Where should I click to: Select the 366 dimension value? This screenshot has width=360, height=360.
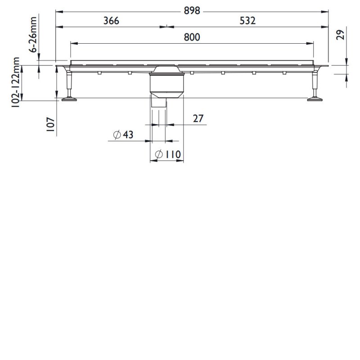[x=111, y=21]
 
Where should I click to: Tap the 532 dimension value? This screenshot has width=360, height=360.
[x=247, y=21]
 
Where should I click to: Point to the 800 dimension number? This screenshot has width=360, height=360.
[x=192, y=37]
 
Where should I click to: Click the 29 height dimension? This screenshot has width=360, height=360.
[x=341, y=35]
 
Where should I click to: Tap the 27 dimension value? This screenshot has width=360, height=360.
[x=198, y=119]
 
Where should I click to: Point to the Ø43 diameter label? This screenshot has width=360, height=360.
[x=123, y=135]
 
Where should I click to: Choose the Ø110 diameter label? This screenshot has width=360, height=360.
[x=167, y=155]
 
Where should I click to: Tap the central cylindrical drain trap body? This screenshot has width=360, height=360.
[x=166, y=84]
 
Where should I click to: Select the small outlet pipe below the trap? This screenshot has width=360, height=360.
[x=159, y=103]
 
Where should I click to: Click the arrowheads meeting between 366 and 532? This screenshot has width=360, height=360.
[x=166, y=27]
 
